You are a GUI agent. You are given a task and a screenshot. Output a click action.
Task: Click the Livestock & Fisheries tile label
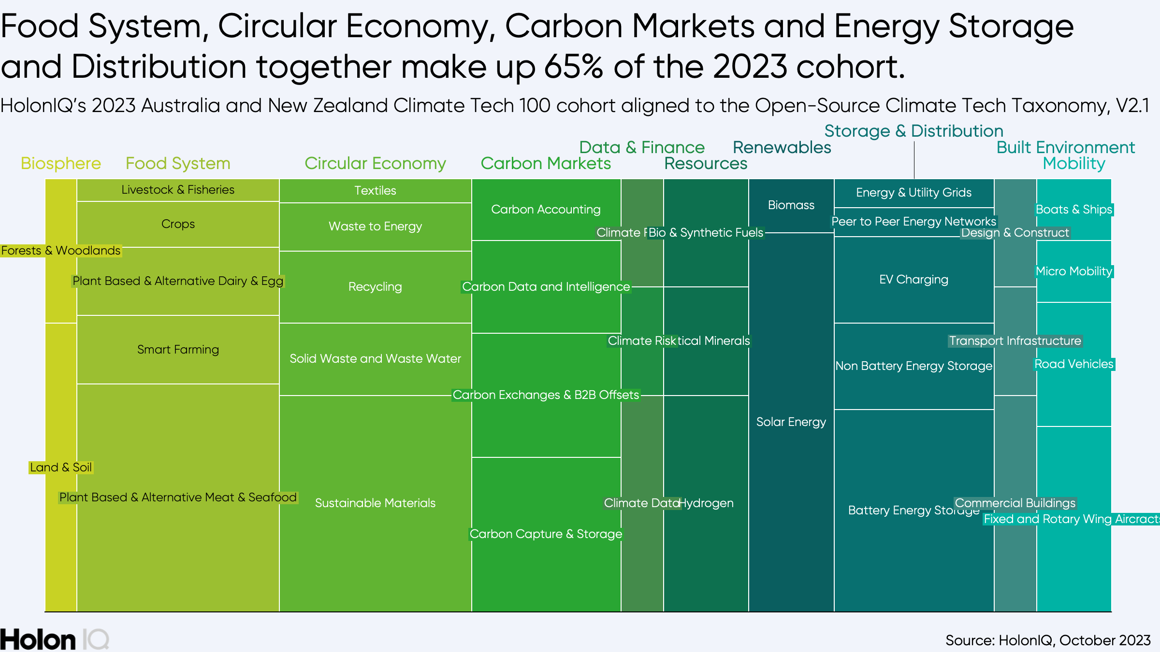tap(178, 190)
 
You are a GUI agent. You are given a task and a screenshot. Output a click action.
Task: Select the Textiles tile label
tap(375, 191)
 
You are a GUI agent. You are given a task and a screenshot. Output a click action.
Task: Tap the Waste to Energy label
tap(375, 227)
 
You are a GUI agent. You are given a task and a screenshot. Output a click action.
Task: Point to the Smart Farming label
tap(178, 350)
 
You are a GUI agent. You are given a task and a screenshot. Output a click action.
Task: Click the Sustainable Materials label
tap(375, 503)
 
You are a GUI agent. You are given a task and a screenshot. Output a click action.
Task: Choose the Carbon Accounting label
tap(546, 210)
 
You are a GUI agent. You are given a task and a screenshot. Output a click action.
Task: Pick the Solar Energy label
tap(791, 422)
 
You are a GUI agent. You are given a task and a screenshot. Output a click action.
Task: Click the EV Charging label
tap(913, 280)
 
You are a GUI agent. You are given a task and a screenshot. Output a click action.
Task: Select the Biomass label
tap(791, 205)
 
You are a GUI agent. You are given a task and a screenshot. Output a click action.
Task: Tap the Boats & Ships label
tap(1073, 210)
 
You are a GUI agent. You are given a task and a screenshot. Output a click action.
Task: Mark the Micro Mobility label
tap(1073, 271)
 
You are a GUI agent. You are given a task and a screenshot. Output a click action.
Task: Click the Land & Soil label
tap(61, 468)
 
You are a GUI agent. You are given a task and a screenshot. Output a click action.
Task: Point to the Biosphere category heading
tap(61, 163)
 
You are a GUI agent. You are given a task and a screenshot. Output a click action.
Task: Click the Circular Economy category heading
tap(375, 163)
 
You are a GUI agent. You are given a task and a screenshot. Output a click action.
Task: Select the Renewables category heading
tap(782, 147)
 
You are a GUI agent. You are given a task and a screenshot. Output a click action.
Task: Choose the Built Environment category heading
tap(1065, 147)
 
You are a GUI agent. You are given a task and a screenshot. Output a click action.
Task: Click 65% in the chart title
tap(573, 67)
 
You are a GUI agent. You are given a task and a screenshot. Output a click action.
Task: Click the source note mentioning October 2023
tap(1048, 640)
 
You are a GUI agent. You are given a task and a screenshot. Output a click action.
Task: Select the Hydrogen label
tap(707, 503)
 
